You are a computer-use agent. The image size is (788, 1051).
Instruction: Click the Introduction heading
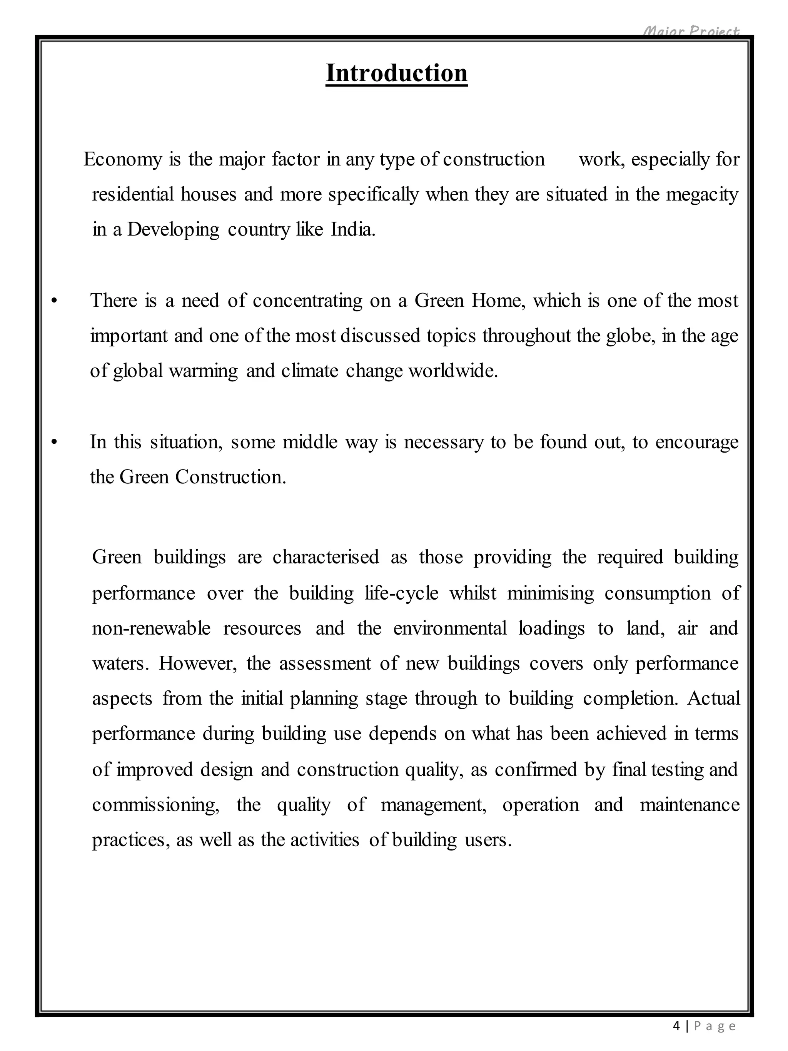pyautogui.click(x=396, y=73)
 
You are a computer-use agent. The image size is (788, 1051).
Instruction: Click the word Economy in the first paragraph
pyautogui.click(x=123, y=159)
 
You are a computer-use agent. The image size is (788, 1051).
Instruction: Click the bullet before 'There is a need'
pyautogui.click(x=55, y=301)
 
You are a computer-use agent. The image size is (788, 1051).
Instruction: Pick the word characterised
pyautogui.click(x=326, y=557)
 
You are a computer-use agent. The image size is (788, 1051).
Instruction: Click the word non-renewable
pyautogui.click(x=151, y=628)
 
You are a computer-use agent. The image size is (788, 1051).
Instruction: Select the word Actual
pyautogui.click(x=713, y=698)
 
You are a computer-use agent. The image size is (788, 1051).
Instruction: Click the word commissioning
pyautogui.click(x=155, y=805)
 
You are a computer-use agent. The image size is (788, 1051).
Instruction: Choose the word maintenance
pyautogui.click(x=689, y=805)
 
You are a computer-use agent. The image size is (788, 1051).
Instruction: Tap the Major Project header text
pyautogui.click(x=691, y=31)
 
